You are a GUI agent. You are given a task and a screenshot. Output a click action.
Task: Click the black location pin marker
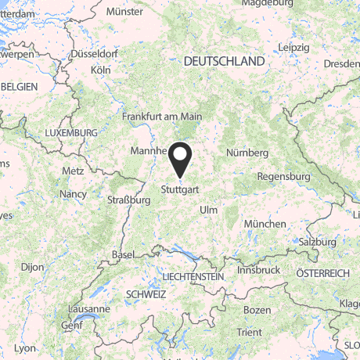[181, 159]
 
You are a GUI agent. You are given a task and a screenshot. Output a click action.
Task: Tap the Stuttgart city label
[181, 189]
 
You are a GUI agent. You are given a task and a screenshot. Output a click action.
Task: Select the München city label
[265, 224]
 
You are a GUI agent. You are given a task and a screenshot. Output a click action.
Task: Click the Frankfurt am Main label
[162, 117]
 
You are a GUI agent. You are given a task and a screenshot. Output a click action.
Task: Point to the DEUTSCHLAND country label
[223, 60]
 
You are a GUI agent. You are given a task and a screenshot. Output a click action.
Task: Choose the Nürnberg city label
[247, 153]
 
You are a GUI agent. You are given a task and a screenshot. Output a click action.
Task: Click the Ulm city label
[209, 210]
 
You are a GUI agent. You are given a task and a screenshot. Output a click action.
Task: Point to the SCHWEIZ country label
[146, 294]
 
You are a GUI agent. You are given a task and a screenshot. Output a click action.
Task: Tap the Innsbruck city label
[258, 269]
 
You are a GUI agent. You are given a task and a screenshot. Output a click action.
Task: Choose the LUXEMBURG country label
[71, 133]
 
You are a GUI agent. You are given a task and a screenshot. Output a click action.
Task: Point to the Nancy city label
[73, 193]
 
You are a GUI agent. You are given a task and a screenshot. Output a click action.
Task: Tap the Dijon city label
[32, 267]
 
